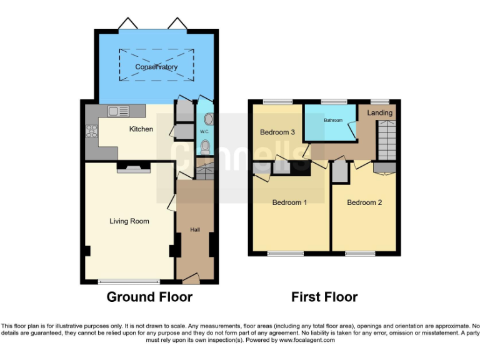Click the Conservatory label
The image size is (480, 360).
(156, 67)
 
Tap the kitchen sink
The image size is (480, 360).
(117, 111)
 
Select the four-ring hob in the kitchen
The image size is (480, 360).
(92, 131)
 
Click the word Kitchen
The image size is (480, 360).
(141, 129)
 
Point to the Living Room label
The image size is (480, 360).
(129, 221)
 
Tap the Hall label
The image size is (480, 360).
(195, 230)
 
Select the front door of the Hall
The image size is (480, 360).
(191, 277)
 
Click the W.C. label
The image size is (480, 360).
(204, 132)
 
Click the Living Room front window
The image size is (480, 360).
(129, 282)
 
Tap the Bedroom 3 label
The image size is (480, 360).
(277, 132)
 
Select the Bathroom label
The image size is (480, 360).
(332, 120)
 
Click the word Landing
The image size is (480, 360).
(380, 113)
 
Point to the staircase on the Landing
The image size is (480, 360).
(387, 140)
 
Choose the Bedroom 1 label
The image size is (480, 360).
(289, 202)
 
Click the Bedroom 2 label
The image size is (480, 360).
(364, 202)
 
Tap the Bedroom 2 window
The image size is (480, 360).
(360, 254)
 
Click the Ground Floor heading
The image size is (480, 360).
(149, 297)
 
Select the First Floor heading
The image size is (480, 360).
(324, 297)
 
